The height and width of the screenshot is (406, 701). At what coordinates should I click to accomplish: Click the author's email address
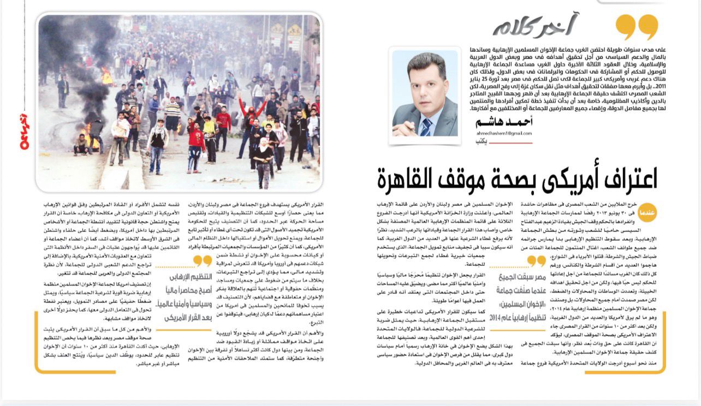[503, 134]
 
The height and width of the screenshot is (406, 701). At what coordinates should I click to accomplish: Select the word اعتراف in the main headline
[627, 178]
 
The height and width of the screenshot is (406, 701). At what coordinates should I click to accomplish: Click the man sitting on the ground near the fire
[82, 145]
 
